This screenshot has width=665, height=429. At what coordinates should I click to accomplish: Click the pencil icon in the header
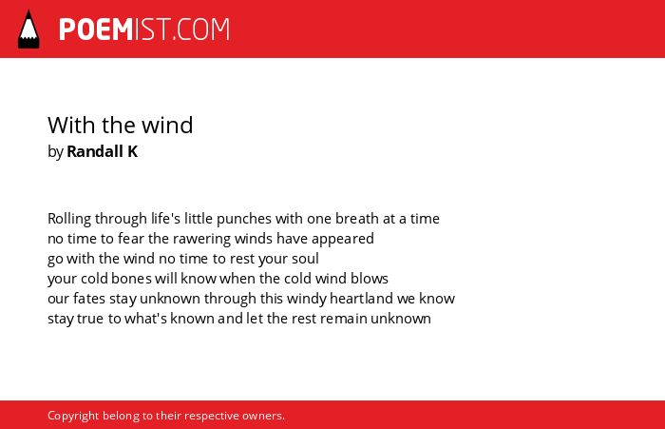point(28,29)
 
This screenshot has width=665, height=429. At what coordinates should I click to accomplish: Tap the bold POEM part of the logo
point(96,29)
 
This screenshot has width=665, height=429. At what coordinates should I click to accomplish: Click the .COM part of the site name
point(201,29)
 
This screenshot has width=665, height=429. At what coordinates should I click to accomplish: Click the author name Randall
point(95,151)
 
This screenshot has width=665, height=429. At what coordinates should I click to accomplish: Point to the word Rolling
point(69,219)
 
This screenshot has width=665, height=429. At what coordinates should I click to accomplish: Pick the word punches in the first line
point(244,219)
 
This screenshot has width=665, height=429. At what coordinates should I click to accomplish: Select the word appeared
point(343,239)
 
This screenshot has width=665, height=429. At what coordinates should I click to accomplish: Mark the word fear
point(131,239)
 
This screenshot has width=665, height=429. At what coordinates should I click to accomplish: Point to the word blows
point(369,279)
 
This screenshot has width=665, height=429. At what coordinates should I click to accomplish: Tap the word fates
point(89,299)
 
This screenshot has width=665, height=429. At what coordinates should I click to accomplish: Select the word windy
point(306,300)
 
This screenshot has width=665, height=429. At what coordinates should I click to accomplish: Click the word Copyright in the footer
point(73,416)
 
